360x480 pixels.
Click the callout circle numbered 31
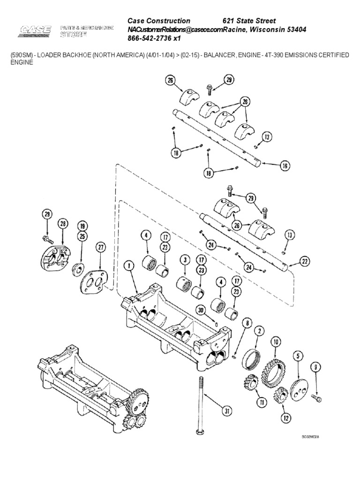point(227,411)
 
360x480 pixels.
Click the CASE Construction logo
point(35,32)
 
